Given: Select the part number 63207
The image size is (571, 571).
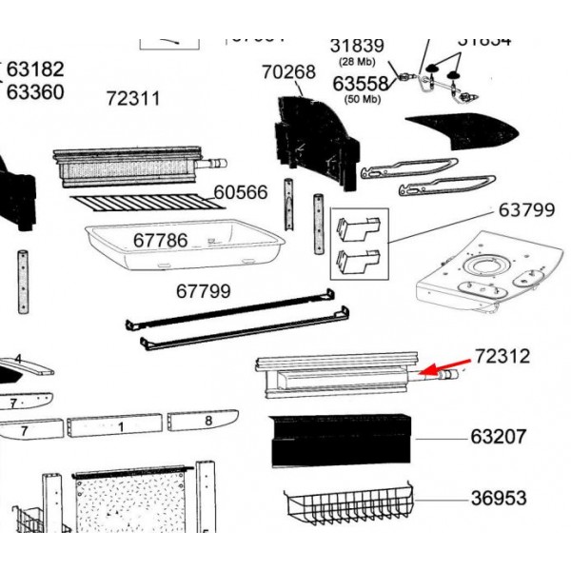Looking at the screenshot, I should coord(499,439).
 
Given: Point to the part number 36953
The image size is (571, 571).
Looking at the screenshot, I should coord(499,498).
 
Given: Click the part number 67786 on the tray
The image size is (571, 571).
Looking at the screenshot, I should coord(160,240).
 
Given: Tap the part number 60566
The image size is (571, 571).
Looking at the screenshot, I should coord(241,192).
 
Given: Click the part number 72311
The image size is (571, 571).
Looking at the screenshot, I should coord(132,98).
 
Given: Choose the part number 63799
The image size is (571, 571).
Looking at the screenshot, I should coord(526,210).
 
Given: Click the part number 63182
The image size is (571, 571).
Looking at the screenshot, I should coord(35,69).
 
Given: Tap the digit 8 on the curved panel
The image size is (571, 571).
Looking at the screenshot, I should coord(207,420).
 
